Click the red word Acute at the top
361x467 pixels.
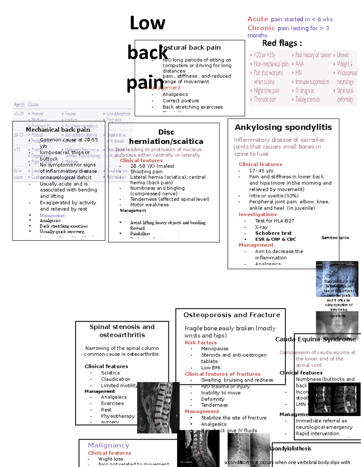[258, 19]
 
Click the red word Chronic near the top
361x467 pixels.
[261, 28]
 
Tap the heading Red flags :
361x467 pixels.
[282, 43]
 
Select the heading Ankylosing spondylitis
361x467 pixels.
[283, 128]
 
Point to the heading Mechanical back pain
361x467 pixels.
[58, 130]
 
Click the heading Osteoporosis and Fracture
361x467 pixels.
[232, 315]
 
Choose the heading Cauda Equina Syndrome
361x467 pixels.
[316, 339]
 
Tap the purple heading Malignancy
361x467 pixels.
[108, 445]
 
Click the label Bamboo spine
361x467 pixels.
[335, 238]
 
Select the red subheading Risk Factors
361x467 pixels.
[201, 343]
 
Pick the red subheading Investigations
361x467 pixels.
[258, 214]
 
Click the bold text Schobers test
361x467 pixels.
[273, 233]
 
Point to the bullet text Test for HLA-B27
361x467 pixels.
[274, 221]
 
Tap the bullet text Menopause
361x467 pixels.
[214, 349]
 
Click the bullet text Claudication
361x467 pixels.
[116, 379]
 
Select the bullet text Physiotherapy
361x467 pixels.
[118, 416]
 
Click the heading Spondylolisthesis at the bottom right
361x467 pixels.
[290, 448]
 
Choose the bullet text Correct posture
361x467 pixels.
[180, 101]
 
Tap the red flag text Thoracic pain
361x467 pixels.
[265, 100]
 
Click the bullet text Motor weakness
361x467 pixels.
[149, 205]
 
